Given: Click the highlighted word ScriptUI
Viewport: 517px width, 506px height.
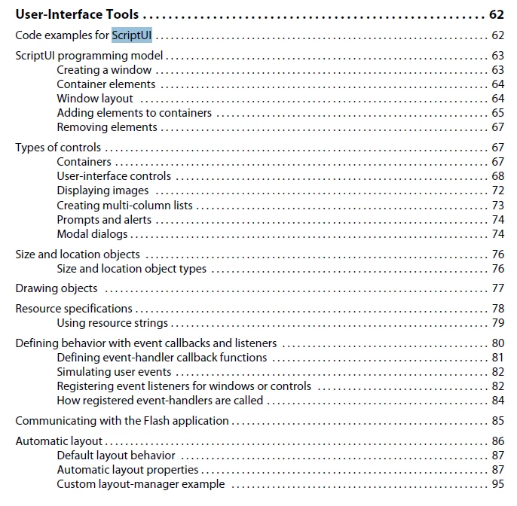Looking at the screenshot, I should [132, 35].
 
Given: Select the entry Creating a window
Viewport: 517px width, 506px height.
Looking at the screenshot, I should [104, 70].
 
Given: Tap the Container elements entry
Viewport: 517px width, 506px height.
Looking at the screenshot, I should [106, 84].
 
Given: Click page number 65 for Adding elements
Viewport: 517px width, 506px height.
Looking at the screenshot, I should [498, 113].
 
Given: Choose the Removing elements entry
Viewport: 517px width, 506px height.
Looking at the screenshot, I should [107, 127].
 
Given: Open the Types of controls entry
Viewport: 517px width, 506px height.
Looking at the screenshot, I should [58, 148].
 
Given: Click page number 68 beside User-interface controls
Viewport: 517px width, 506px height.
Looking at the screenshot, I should [498, 176].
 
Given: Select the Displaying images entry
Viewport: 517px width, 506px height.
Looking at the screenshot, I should [102, 191].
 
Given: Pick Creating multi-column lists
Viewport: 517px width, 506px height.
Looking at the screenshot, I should [125, 205].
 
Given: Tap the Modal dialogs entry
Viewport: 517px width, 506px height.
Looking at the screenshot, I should [92, 234].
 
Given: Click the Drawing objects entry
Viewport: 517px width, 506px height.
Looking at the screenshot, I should [57, 288].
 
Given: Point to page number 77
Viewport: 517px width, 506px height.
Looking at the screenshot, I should [498, 288].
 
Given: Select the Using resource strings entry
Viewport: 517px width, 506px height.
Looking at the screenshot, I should [112, 323].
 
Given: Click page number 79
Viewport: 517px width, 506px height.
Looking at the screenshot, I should [498, 323].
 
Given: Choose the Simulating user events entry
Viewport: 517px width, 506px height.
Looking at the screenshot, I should [114, 372].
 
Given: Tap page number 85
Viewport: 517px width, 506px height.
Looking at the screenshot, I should [498, 421].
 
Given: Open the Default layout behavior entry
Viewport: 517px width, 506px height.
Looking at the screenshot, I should [116, 456].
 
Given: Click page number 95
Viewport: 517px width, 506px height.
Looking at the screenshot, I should [498, 484].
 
